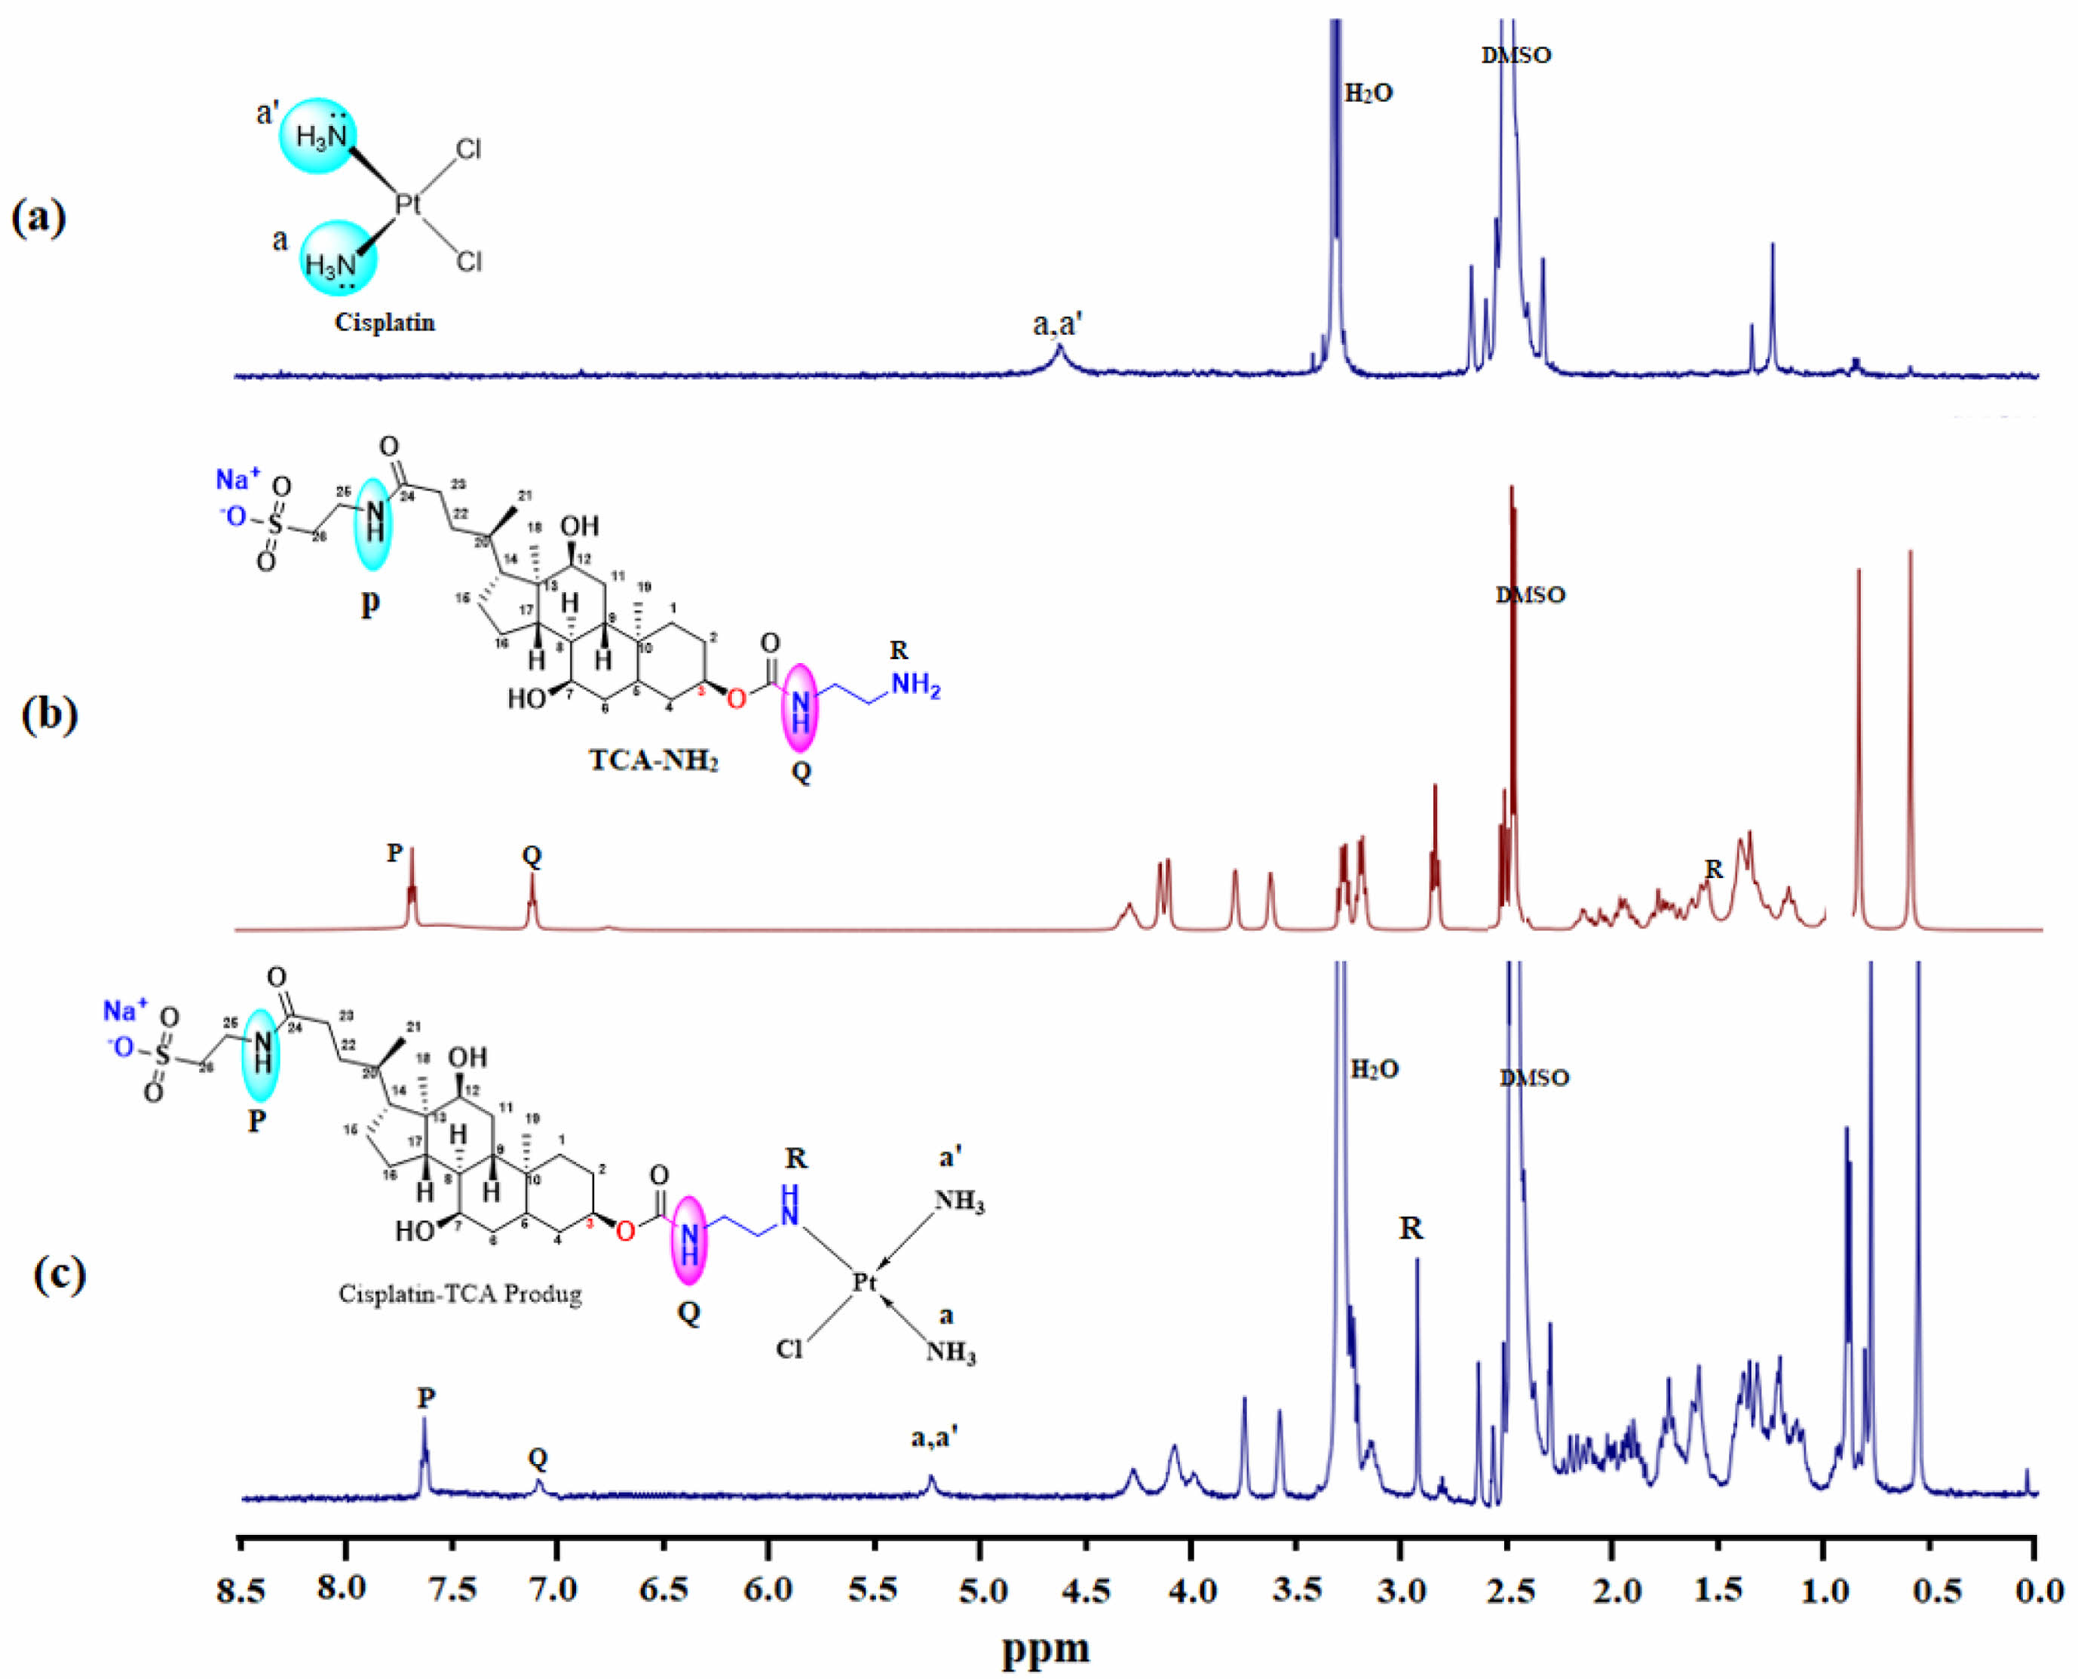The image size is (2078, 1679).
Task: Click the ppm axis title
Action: click(x=1045, y=1648)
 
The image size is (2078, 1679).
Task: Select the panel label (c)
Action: click(x=60, y=1275)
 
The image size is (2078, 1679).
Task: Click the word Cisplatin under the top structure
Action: click(x=385, y=322)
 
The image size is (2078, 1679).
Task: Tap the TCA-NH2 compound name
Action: click(x=654, y=760)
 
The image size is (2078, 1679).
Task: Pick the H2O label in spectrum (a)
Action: click(x=1369, y=94)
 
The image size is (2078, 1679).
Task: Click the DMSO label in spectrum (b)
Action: click(x=1531, y=595)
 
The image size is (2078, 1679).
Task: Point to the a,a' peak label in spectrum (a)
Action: click(x=1057, y=325)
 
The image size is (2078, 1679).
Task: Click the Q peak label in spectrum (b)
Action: click(x=532, y=855)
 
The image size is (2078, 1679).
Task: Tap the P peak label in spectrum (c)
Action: click(x=427, y=1398)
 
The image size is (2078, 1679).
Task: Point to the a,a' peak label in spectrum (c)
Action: click(x=934, y=1438)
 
